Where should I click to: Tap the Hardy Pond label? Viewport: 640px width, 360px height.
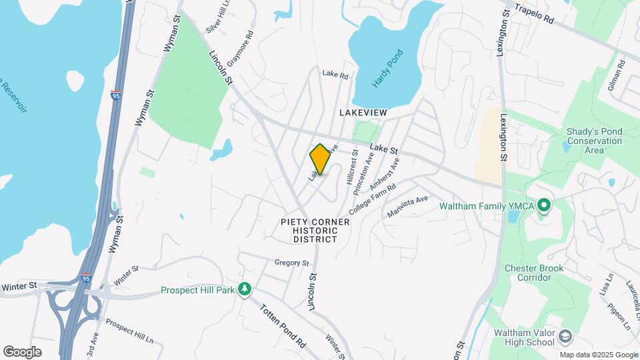coord(388,69)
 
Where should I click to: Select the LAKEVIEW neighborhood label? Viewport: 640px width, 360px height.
coord(363,113)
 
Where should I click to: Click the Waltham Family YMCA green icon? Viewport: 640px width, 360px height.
coord(543,205)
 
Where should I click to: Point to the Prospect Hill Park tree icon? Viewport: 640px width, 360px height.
coord(246,289)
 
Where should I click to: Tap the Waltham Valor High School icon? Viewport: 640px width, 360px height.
coord(566,335)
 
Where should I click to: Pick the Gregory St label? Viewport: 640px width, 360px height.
coord(291,263)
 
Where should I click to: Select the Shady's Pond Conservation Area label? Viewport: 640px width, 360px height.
coord(593,141)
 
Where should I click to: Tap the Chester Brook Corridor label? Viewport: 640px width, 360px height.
coord(533,273)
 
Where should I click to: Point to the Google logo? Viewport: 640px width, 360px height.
coord(22,351)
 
